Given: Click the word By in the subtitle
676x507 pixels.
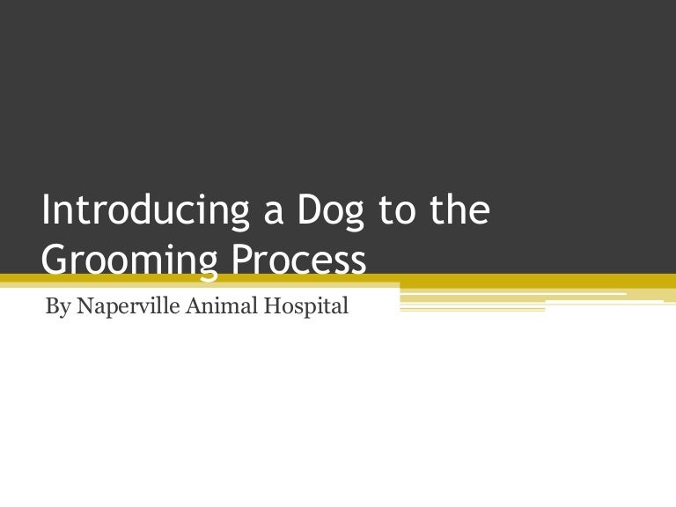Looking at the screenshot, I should coord(55,308).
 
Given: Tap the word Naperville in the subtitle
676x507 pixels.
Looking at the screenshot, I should coord(117,308).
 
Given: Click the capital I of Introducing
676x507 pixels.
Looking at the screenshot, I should coord(47,212).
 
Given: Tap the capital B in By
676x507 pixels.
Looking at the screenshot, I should coord(50,307).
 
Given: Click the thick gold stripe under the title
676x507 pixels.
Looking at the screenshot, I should coord(528,281).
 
